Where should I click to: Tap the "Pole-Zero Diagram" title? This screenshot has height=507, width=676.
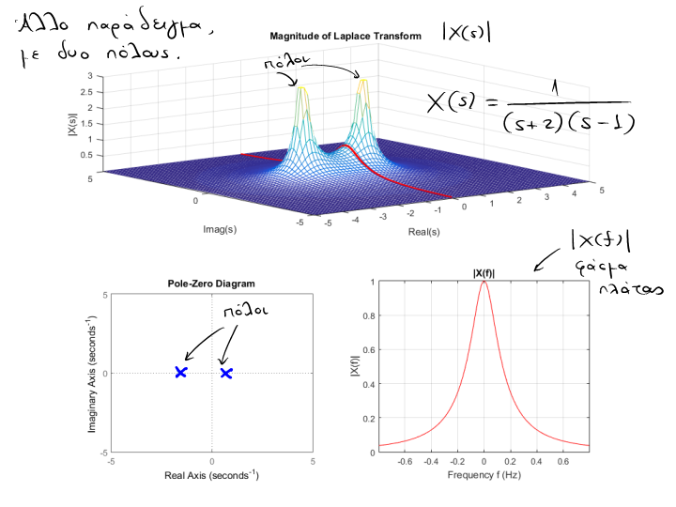pyautogui.click(x=211, y=283)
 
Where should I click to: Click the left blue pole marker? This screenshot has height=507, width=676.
pyautogui.click(x=181, y=373)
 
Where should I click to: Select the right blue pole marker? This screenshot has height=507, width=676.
pyautogui.click(x=226, y=373)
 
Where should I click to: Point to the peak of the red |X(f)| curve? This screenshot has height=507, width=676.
pyautogui.click(x=484, y=282)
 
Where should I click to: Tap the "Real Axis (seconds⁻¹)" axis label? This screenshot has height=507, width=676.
pyautogui.click(x=211, y=476)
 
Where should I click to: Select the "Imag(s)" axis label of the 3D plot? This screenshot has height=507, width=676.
pyautogui.click(x=219, y=228)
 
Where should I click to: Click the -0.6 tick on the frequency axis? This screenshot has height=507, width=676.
pyautogui.click(x=405, y=462)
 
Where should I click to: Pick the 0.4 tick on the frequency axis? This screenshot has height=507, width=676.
pyautogui.click(x=536, y=462)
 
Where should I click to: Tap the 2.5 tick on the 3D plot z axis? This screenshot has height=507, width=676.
pyautogui.click(x=87, y=93)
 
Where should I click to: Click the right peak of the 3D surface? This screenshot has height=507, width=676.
pyautogui.click(x=361, y=83)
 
